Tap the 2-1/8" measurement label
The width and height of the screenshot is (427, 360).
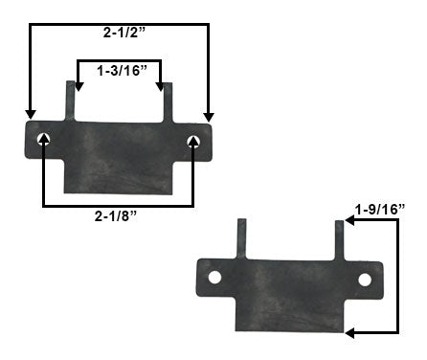[118, 215]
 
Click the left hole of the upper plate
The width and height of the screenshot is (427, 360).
[44, 141]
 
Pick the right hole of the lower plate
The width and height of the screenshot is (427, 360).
[365, 280]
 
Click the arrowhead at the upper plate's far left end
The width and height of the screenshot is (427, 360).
[31, 115]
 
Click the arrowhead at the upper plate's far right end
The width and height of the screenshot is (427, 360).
[208, 116]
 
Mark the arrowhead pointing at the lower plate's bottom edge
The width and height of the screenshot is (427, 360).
[350, 333]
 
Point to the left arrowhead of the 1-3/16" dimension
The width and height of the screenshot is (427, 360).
[78, 88]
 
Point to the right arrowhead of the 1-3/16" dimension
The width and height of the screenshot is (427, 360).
[161, 88]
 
